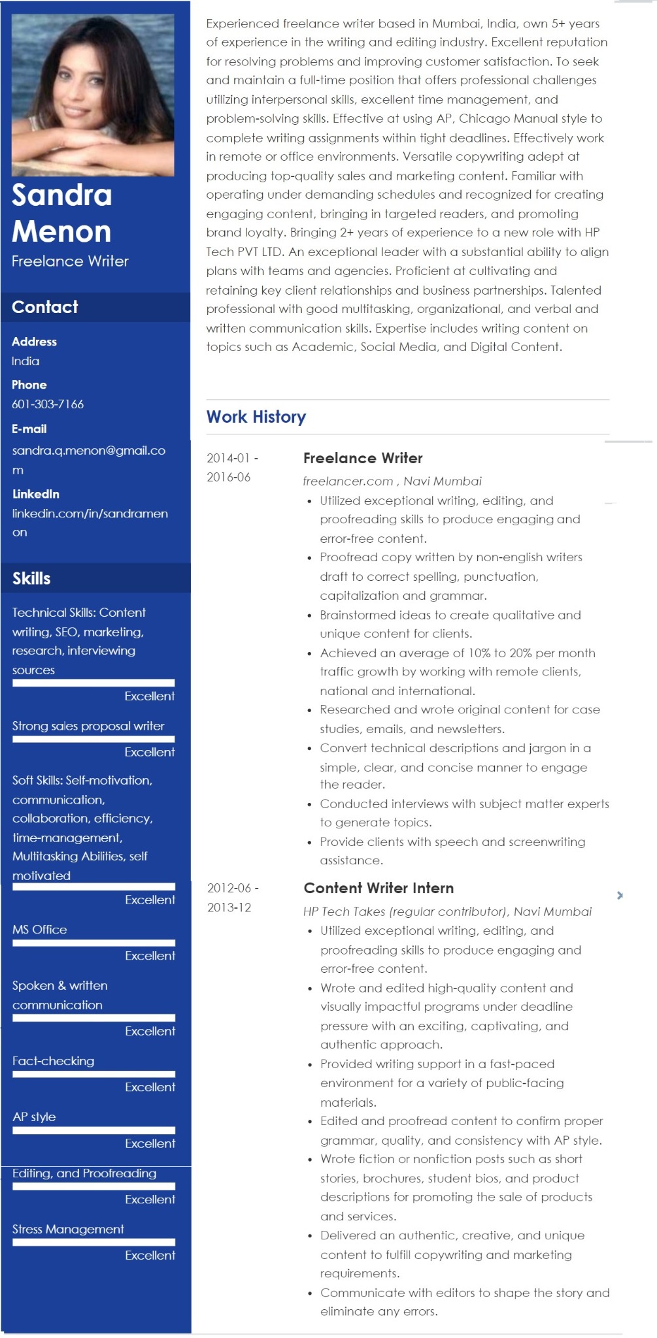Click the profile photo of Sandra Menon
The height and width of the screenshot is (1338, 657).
tap(93, 95)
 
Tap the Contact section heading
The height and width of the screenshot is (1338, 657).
tap(45, 307)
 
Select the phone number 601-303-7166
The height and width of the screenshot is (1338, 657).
tap(48, 404)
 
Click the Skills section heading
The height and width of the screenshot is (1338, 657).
tap(31, 578)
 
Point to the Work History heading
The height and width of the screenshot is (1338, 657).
tap(256, 417)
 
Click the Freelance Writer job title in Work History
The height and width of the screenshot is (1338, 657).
tap(363, 458)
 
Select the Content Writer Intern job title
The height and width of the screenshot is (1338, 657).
tap(379, 888)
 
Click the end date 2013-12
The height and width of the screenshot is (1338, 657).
tap(229, 907)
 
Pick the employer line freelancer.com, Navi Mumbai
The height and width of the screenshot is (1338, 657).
tap(392, 481)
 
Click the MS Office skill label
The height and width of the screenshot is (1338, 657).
tap(40, 930)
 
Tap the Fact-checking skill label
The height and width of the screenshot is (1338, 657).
tap(54, 1061)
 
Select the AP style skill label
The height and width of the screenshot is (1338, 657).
tap(34, 1117)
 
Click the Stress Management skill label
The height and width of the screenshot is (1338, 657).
tap(68, 1229)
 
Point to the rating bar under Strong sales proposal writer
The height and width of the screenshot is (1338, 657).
tap(93, 740)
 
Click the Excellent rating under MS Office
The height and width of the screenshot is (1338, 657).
tap(150, 956)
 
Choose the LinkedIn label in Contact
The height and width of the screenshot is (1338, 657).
tap(36, 494)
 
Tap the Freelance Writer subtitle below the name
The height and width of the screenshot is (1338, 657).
tap(70, 261)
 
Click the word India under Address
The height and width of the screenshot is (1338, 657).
tap(25, 361)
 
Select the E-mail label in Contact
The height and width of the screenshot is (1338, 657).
tap(29, 429)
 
